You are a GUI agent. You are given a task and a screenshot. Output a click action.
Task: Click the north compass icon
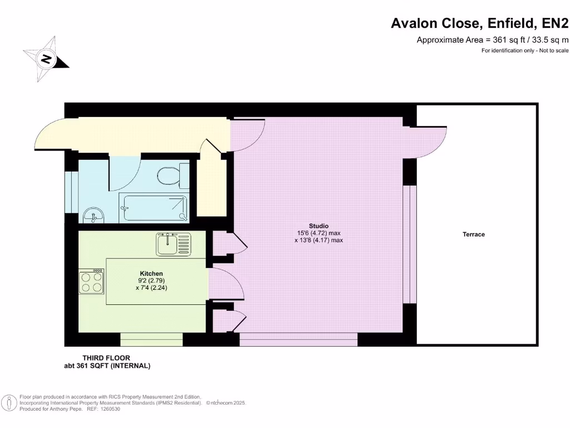46,59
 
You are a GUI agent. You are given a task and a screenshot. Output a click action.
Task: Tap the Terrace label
474,235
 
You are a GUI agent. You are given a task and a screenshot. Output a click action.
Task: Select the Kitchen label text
151,274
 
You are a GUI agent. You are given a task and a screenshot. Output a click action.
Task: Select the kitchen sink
173,244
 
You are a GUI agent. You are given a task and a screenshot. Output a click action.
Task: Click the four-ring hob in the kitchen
92,281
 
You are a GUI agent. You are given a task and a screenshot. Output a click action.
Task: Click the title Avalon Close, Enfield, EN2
480,23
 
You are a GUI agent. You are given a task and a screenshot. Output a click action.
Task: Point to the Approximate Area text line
493,40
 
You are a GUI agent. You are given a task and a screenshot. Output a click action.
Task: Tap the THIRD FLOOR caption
106,358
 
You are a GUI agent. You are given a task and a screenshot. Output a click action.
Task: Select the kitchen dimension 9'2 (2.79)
151,281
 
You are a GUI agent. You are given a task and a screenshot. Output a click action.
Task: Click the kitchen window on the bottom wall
151,339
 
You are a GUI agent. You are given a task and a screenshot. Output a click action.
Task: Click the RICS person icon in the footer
9,402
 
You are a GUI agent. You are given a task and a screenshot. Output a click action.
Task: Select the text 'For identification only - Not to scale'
525,51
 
